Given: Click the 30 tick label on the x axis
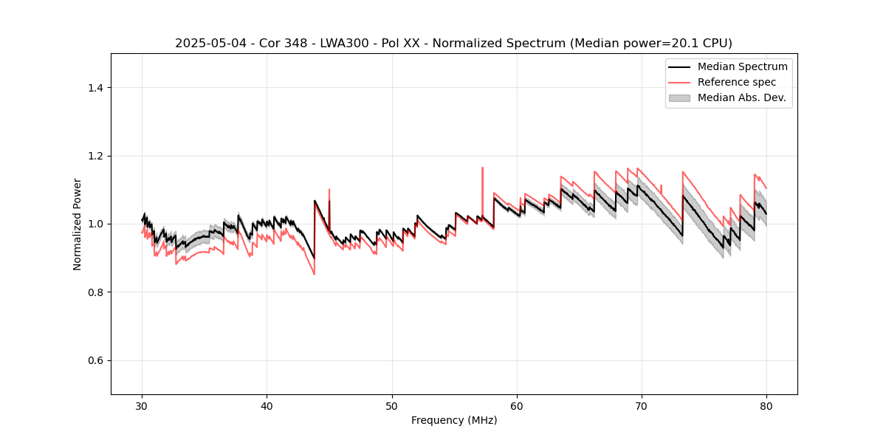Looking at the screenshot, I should (x=142, y=406).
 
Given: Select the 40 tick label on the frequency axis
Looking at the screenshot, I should (x=267, y=406).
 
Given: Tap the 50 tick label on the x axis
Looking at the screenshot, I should (x=392, y=406).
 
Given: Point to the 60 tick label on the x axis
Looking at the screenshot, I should (x=517, y=406).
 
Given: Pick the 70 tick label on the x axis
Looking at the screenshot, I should (x=642, y=406).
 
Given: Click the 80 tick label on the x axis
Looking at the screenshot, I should (x=766, y=406).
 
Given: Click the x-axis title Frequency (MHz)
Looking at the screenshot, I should (x=454, y=421).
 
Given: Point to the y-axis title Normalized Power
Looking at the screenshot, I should (x=78, y=224).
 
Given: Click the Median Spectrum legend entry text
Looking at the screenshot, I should (x=742, y=66).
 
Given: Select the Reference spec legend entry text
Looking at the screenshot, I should (x=737, y=82).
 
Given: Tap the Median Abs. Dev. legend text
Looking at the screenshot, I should (x=742, y=97).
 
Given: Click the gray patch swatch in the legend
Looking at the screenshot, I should (x=679, y=97).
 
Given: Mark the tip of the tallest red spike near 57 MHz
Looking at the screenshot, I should (x=482, y=168).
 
